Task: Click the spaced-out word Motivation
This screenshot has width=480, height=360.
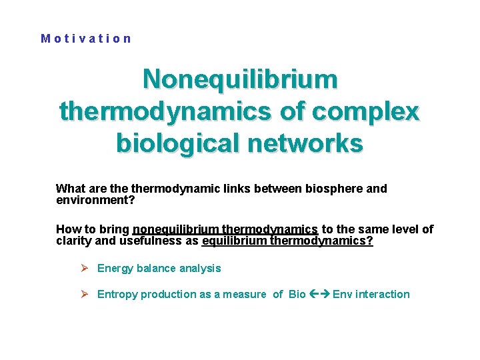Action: tap(86, 39)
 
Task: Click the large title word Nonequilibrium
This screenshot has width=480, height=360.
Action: tap(240, 79)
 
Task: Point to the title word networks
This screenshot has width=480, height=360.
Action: tap(309, 142)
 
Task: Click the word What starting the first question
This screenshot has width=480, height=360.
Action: tap(71, 189)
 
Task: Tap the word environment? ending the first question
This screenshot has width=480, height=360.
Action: tap(95, 199)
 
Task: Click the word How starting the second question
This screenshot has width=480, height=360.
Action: tap(69, 229)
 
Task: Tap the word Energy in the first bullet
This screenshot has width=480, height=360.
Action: tap(115, 268)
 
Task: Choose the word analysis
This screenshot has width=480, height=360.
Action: tap(199, 268)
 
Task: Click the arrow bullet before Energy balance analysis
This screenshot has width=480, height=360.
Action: tap(85, 268)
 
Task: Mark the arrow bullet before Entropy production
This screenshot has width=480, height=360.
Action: tap(85, 294)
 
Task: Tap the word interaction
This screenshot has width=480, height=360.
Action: tap(383, 294)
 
